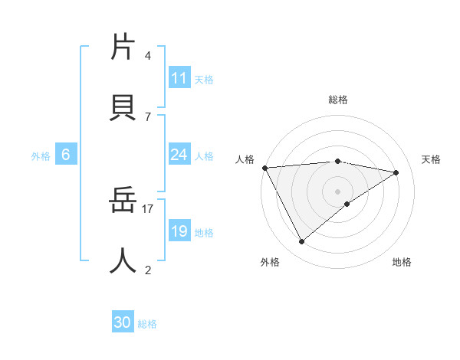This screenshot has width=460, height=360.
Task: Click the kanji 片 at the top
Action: (123, 47)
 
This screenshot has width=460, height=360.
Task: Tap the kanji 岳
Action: (123, 201)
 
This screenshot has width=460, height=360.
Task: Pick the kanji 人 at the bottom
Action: (123, 261)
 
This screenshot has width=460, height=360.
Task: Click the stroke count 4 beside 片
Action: (147, 56)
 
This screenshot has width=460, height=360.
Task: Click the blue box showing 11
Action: (179, 78)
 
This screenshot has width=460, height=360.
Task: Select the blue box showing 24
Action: (179, 155)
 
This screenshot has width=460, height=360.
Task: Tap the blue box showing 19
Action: (179, 231)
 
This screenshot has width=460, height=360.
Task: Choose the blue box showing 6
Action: (66, 155)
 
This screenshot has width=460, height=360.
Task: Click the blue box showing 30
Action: (123, 322)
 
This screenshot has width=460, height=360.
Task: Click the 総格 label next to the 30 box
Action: (147, 324)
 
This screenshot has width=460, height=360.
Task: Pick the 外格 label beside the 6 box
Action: (41, 156)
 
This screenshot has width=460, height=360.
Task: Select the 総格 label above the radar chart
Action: (338, 100)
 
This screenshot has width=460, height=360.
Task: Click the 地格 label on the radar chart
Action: (402, 262)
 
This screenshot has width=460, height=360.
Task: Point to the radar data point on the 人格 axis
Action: (264, 168)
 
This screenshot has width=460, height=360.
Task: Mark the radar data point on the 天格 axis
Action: (396, 172)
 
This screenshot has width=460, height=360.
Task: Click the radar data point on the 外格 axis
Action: (301, 242)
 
